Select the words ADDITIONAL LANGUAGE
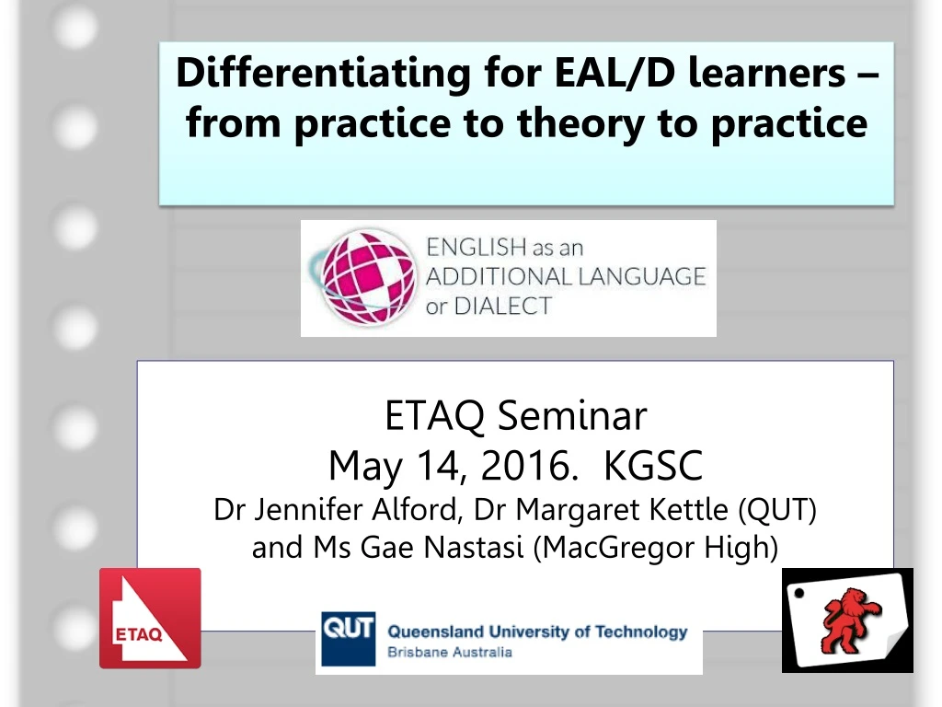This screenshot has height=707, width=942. [565, 276]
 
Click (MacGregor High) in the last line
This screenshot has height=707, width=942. [655, 548]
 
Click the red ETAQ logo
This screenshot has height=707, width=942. [149, 618]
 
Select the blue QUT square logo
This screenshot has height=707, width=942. [348, 638]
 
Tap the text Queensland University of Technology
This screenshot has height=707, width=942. [537, 632]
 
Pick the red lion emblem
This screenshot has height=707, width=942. [847, 619]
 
